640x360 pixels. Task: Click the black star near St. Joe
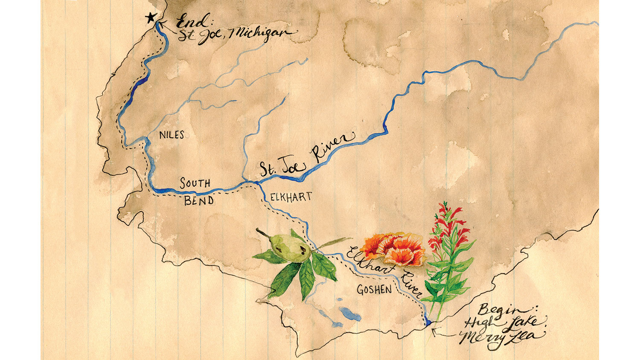pyautogui.click(x=150, y=18)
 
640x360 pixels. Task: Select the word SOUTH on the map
pyautogui.click(x=195, y=183)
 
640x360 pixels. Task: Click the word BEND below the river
pyautogui.click(x=199, y=200)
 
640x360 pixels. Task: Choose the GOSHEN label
pyautogui.click(x=374, y=290)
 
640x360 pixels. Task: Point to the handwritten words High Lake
pyautogui.click(x=500, y=323)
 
